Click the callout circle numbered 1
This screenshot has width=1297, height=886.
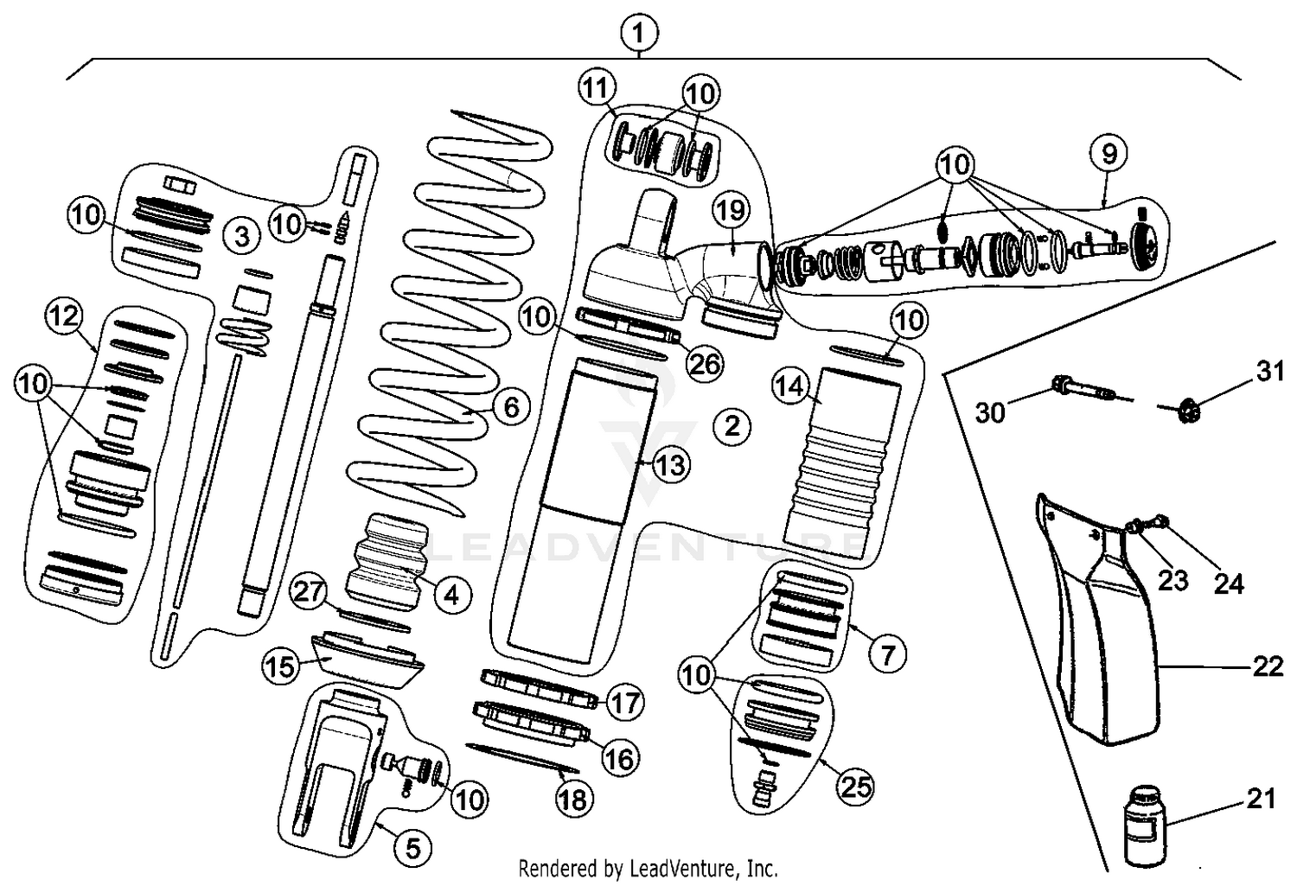coord(638,35)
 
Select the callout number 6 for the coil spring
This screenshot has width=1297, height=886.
coord(510,405)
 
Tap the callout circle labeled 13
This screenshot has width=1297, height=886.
coord(669,466)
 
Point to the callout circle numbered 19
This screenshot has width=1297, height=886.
coord(732,210)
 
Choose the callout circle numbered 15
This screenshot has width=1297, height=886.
coord(280,666)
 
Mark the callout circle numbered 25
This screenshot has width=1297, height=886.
coord(854,786)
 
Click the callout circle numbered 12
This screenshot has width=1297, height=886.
coord(63,316)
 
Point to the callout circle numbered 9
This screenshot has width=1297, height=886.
coord(1109,154)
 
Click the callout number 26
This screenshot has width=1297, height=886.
coord(704,364)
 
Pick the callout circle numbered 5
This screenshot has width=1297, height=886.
coord(413,849)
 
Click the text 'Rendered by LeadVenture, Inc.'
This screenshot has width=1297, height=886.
coord(648,867)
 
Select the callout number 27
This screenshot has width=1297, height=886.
coord(309,592)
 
